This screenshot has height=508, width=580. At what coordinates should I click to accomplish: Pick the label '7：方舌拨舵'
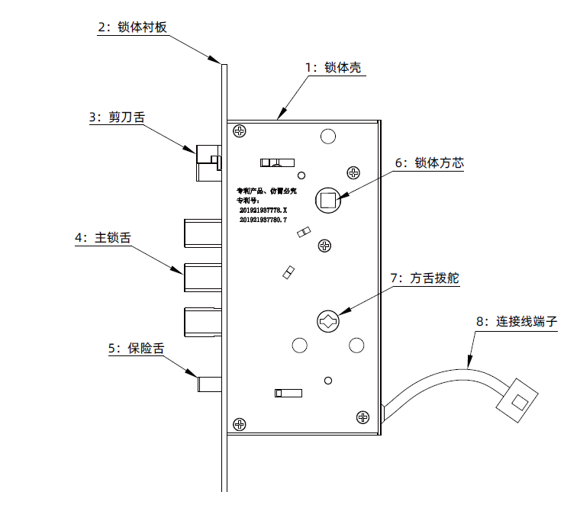click(424, 279)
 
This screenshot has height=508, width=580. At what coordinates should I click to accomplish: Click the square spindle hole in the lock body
click(327, 201)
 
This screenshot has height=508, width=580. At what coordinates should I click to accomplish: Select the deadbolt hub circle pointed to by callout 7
click(327, 320)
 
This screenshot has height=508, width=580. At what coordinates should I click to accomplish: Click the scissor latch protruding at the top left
click(207, 162)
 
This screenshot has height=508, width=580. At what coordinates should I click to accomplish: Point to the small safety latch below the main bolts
click(209, 382)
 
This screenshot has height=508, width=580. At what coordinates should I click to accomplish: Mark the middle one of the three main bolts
click(201, 277)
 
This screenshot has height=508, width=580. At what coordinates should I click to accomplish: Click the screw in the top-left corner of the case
click(240, 131)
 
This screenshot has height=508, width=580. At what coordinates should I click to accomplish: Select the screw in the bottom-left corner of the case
click(240, 423)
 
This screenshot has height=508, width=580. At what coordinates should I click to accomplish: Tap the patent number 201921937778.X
click(263, 209)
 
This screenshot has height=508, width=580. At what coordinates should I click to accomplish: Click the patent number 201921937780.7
click(263, 220)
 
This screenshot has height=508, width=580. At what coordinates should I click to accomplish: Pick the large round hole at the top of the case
click(327, 137)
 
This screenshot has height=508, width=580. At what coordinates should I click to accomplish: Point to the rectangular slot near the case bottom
click(287, 393)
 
